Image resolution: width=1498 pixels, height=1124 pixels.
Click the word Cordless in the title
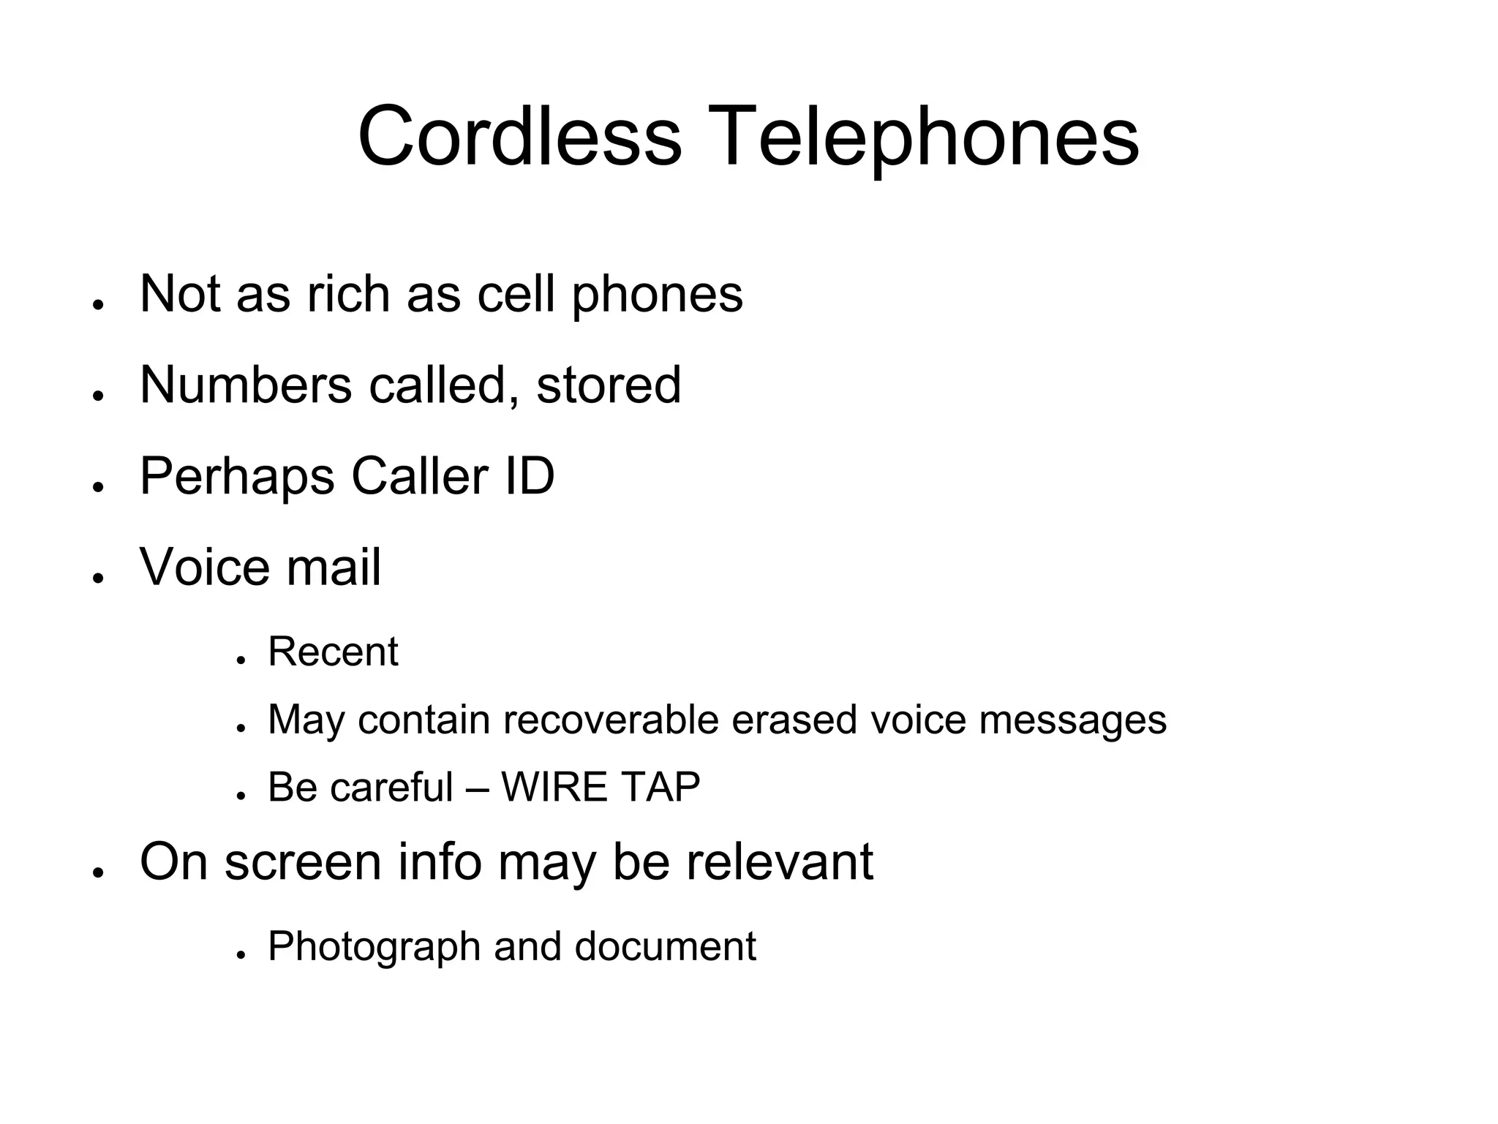click(x=519, y=137)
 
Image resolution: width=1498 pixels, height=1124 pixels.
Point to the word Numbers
click(x=246, y=385)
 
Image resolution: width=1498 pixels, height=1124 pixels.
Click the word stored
click(x=609, y=385)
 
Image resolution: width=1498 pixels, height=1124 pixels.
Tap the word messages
click(x=1072, y=721)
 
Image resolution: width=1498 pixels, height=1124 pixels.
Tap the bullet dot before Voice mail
click(x=97, y=578)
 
